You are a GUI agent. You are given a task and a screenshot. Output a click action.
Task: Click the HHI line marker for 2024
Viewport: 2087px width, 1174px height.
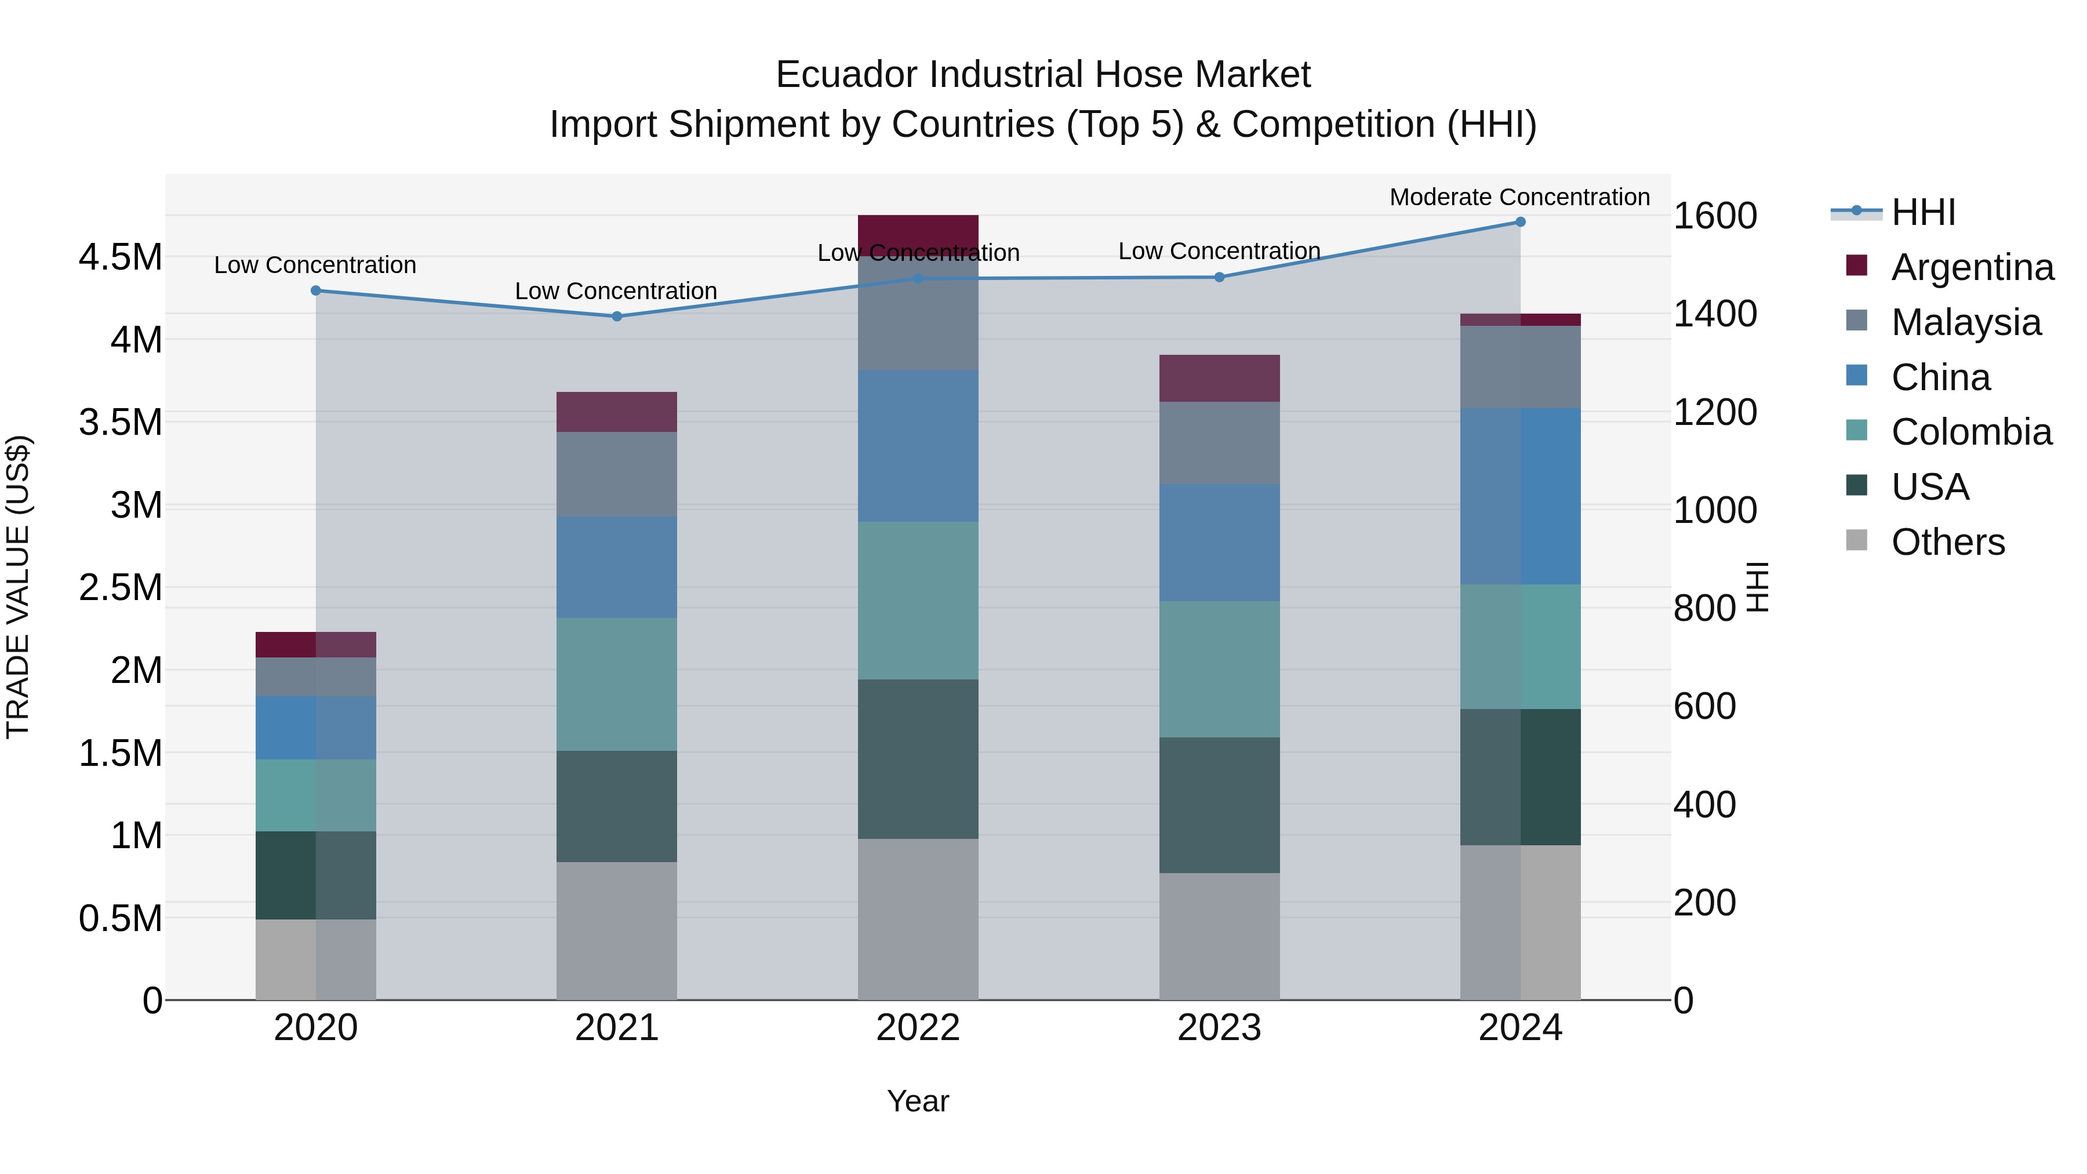point(1520,222)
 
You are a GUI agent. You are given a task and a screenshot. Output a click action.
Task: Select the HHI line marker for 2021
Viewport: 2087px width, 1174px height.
point(617,316)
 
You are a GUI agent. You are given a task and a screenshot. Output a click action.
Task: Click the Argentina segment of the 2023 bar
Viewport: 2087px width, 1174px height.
point(1219,379)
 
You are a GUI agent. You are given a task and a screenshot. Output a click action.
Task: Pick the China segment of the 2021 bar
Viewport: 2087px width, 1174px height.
point(617,567)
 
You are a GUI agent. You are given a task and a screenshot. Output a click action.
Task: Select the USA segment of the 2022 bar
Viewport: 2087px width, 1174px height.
point(918,758)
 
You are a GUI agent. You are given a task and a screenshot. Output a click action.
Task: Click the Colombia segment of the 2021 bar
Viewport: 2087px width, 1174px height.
point(617,684)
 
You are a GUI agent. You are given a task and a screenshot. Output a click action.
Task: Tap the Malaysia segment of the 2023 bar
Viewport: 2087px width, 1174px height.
point(1219,443)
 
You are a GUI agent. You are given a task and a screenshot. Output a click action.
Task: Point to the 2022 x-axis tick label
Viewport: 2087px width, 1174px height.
point(918,1028)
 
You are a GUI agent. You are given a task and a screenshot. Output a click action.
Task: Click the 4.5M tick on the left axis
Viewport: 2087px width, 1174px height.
point(120,257)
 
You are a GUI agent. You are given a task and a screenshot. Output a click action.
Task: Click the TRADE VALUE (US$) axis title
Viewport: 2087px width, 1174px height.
point(18,587)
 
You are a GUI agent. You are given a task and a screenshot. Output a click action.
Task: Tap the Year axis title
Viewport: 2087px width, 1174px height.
point(918,1101)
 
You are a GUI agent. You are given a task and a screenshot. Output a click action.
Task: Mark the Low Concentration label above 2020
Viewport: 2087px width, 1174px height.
point(315,265)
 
